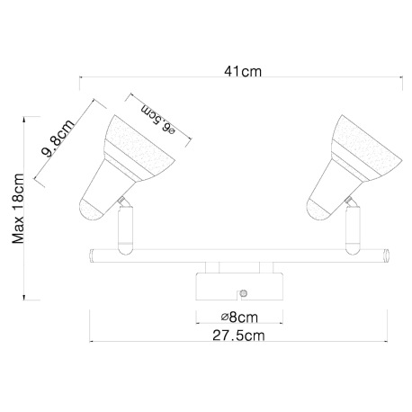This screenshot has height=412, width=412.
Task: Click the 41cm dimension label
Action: tap(243, 72)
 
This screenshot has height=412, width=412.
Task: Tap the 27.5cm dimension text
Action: tap(238, 336)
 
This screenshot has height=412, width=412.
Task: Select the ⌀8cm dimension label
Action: tap(239, 318)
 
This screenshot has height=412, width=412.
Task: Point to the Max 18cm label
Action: tap(18, 209)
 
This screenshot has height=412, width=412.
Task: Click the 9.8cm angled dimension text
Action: tap(58, 139)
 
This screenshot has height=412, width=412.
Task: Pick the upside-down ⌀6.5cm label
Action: tap(158, 120)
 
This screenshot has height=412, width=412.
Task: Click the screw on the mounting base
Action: tap(244, 293)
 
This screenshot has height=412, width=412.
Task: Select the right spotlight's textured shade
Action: tap(367, 146)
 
